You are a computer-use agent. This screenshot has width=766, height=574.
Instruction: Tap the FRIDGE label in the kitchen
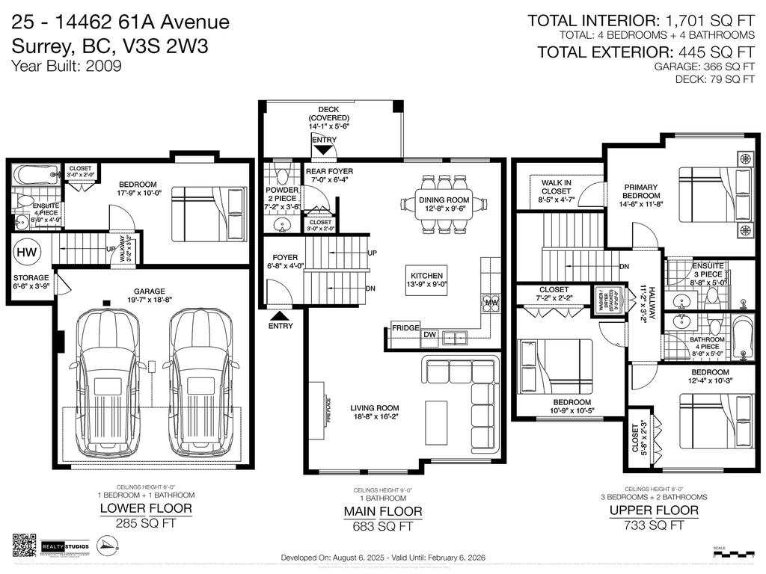tap(404, 328)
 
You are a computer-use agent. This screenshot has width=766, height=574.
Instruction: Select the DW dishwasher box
tap(429, 335)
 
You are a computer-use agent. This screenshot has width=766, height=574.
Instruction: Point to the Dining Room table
tap(446, 201)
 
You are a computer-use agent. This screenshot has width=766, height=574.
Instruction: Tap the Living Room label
tap(375, 408)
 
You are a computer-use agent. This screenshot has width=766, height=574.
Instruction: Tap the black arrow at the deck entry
tap(324, 150)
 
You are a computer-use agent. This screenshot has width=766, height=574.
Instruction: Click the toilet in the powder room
tap(281, 174)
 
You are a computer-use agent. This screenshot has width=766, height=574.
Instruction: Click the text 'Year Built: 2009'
tap(66, 65)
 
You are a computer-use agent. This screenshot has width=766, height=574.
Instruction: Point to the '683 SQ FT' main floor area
tap(383, 525)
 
